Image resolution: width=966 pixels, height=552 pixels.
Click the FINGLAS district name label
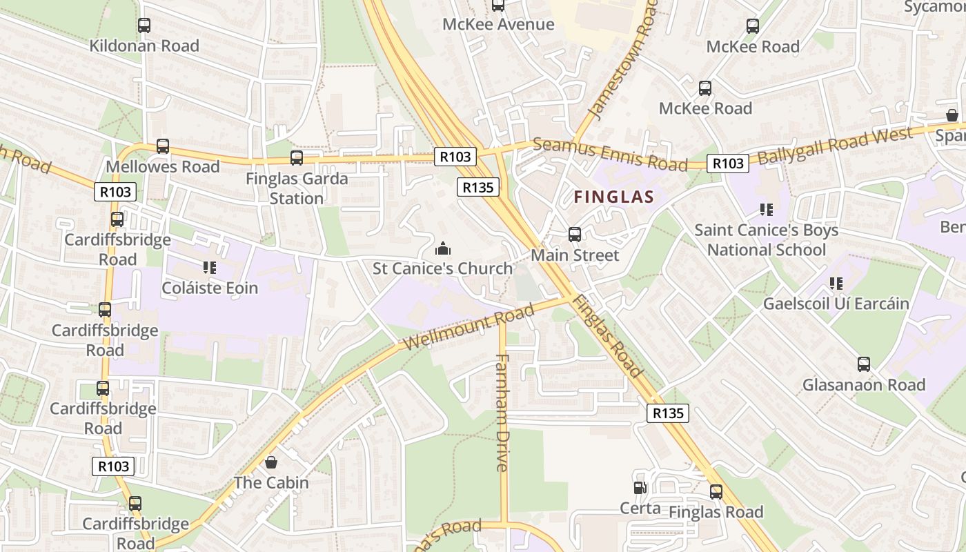[613, 197]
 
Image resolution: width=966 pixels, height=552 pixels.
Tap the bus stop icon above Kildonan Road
[144, 26]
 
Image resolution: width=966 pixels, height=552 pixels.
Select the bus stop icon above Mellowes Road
[163, 146]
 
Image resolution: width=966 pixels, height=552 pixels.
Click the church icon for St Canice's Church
[443, 248]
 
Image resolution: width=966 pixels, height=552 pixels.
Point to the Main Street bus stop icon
[575, 235]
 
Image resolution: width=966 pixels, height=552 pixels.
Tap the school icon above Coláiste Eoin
[210, 267]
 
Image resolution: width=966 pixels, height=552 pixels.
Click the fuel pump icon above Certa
[640, 488]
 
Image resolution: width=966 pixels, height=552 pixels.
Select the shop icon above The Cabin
[271, 462]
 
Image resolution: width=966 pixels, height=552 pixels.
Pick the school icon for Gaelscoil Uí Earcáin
[836, 283]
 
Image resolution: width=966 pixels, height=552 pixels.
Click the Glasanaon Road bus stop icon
[864, 364]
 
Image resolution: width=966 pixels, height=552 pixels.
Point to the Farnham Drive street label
[502, 412]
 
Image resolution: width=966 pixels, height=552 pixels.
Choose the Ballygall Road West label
[844, 144]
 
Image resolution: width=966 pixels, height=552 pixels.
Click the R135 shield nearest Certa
[668, 413]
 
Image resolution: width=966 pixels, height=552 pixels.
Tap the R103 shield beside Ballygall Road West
[728, 164]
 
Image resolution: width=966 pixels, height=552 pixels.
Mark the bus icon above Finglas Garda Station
[297, 158]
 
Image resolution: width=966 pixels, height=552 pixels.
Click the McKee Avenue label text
[498, 25]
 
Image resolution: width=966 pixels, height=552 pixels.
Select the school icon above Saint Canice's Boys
[766, 209]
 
